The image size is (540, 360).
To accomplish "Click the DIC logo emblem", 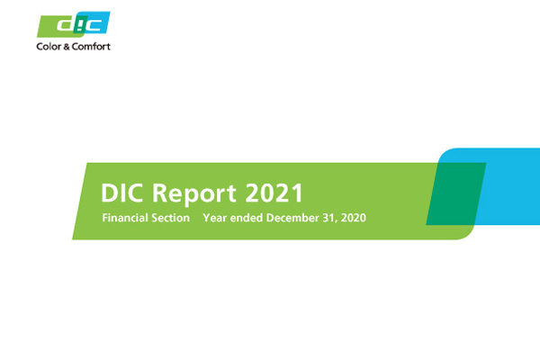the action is [x=74, y=24].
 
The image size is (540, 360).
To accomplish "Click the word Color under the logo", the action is [x=49, y=47].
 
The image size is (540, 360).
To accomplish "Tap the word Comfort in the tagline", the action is [x=91, y=47].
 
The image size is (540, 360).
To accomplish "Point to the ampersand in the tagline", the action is [x=67, y=47].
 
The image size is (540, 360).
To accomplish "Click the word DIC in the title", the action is [x=121, y=193].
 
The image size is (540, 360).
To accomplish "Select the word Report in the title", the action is [x=193, y=193].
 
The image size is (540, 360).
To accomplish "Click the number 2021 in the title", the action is [x=274, y=193].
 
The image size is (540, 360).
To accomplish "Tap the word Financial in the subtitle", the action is [x=124, y=218].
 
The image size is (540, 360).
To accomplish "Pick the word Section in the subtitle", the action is [x=170, y=218].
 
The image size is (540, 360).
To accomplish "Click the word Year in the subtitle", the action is [x=215, y=218].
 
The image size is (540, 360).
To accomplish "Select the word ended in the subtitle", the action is [x=247, y=218].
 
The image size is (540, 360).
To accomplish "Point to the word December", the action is [x=292, y=218].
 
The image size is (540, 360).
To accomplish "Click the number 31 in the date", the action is [x=328, y=218].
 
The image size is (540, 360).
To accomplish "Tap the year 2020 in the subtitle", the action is [x=354, y=218].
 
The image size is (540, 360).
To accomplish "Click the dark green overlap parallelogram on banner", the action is [x=456, y=193].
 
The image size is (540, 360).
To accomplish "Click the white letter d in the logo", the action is [x=67, y=25].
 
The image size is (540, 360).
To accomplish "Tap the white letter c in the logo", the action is [x=94, y=25].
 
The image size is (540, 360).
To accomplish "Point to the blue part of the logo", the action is [x=97, y=22].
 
